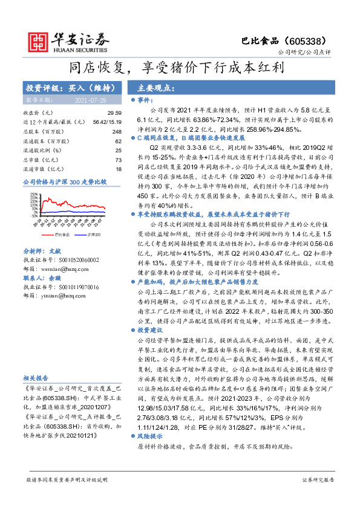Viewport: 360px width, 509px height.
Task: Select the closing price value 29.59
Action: (114, 113)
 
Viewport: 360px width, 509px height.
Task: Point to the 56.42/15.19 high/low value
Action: (108, 122)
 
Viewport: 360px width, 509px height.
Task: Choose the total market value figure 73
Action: (119, 160)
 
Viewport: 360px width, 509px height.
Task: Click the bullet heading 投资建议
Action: (151, 331)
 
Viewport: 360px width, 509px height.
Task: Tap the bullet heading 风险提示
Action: (151, 435)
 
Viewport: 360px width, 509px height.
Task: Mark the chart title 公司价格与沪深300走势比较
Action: (64, 181)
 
